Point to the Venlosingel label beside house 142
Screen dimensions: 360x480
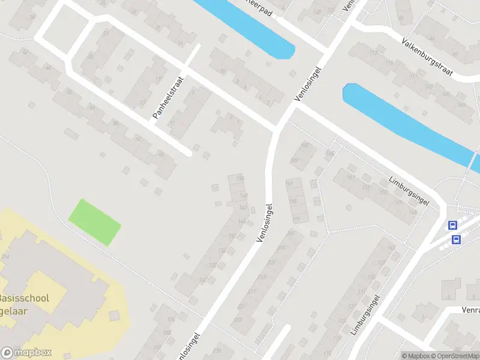[264, 222]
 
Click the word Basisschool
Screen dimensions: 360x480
[24, 299]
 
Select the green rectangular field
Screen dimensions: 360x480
[94, 222]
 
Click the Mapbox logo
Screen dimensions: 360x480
[26, 353]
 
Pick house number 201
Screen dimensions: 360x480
[291, 233]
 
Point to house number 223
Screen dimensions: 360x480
[237, 319]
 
